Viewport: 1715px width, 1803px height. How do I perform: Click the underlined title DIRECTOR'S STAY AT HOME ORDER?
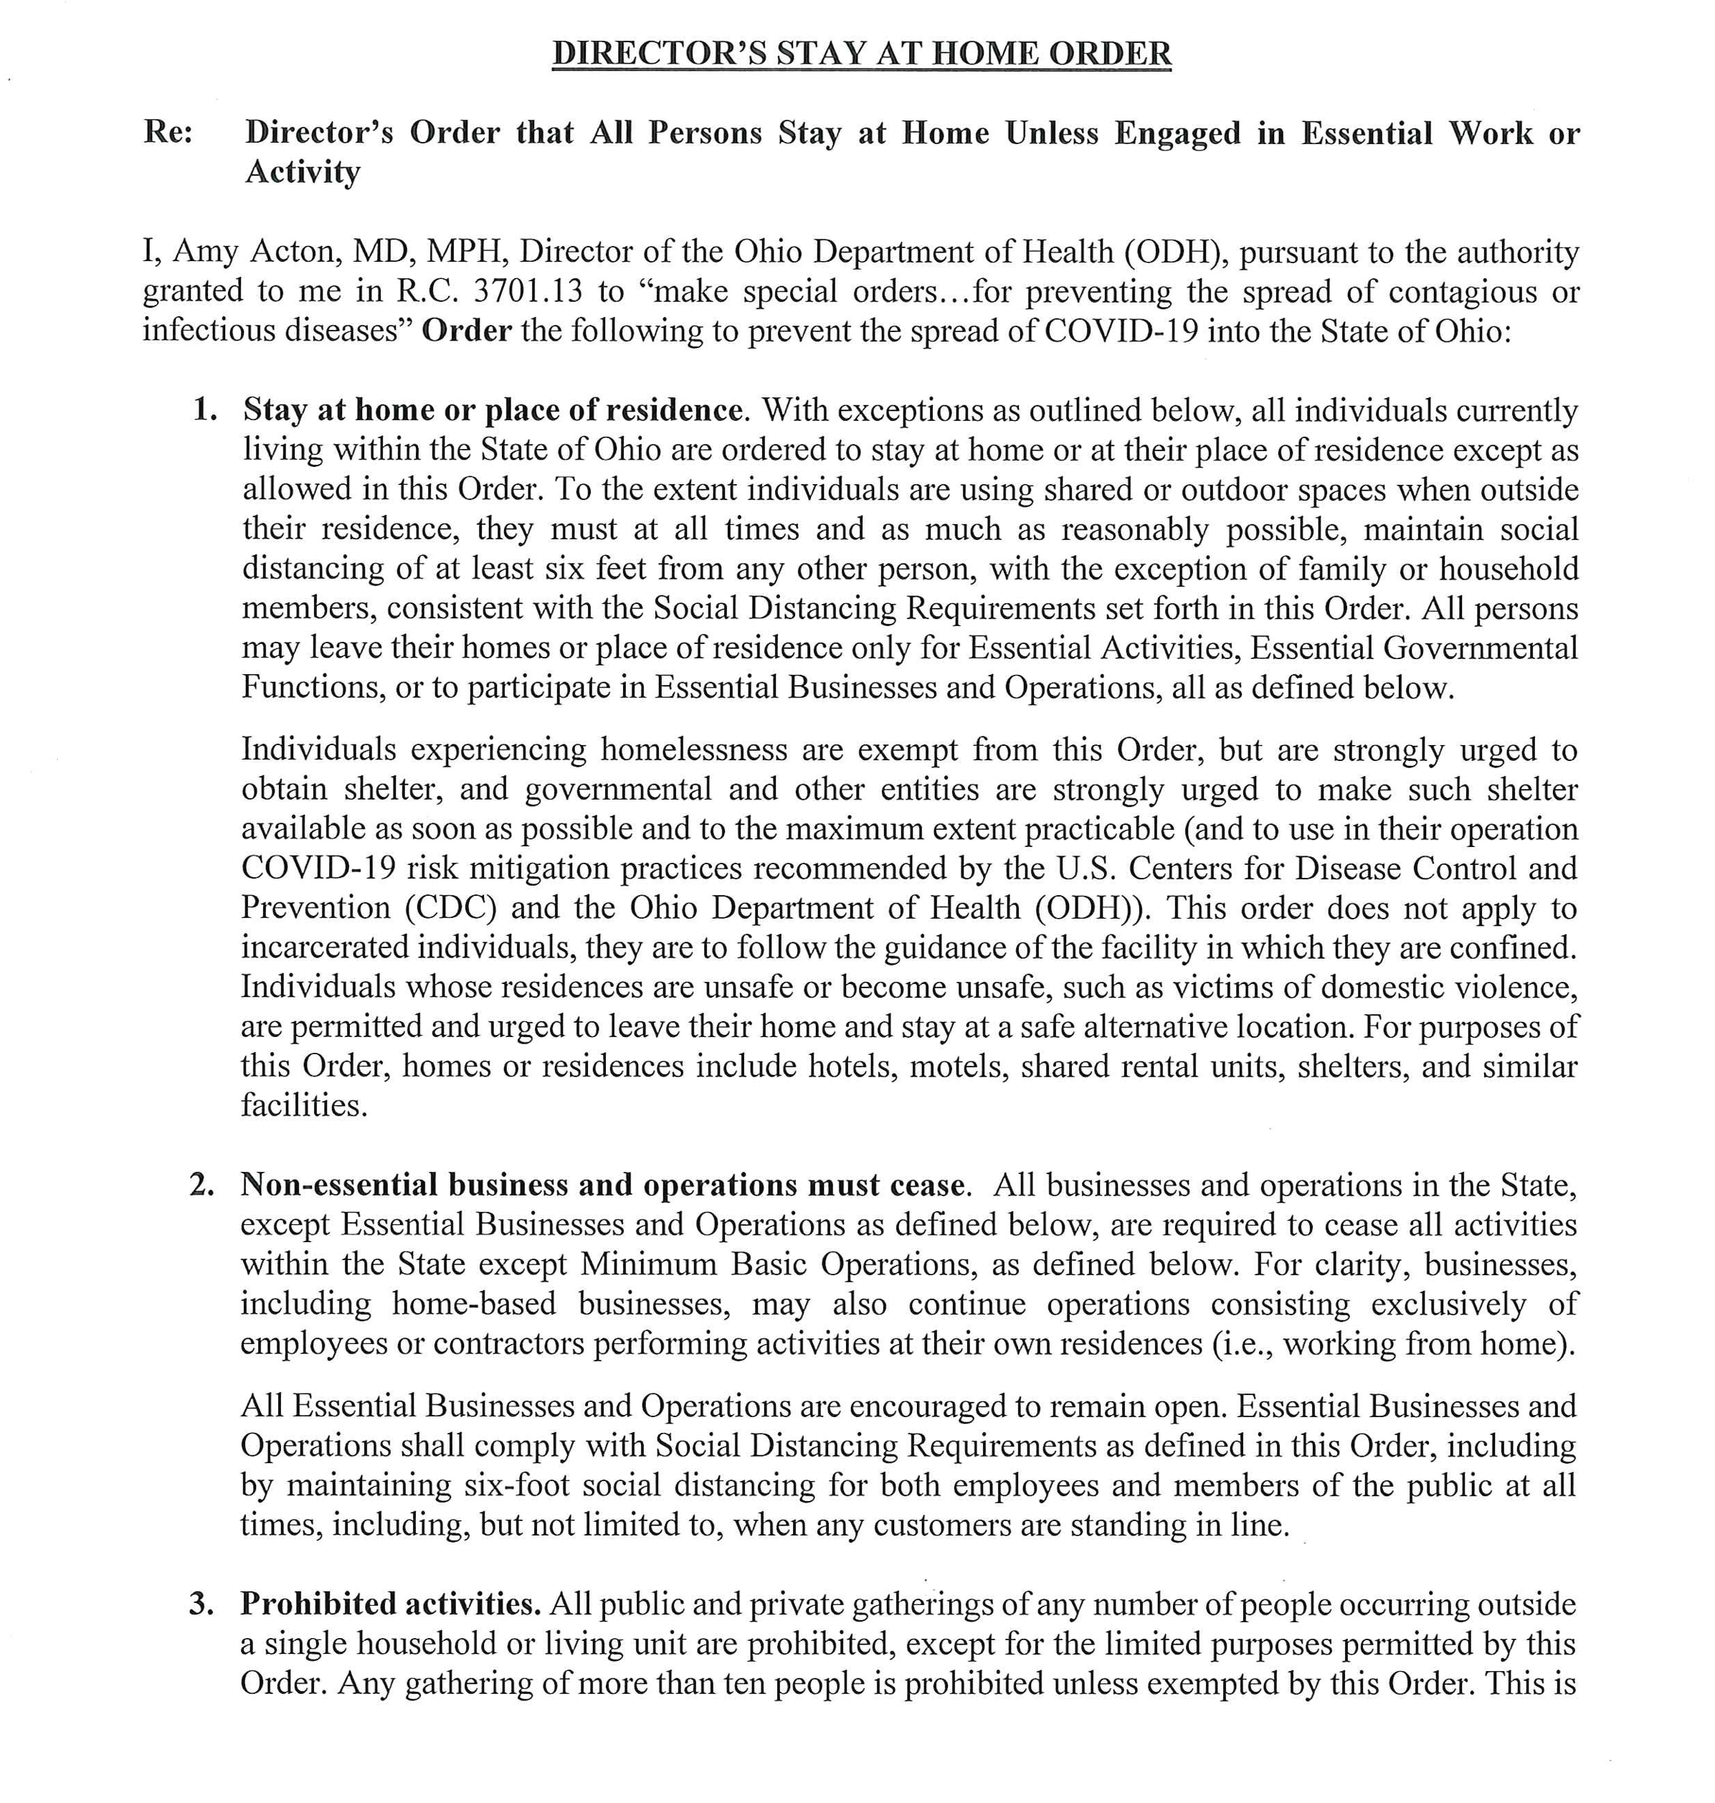tap(861, 53)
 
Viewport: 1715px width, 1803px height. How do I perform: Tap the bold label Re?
tap(168, 133)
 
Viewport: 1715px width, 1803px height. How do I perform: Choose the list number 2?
tap(203, 1184)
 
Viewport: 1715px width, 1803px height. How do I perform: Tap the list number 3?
tap(203, 1604)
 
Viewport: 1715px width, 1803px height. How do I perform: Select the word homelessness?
tap(693, 749)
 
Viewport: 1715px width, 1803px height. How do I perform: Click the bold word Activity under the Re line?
tap(303, 172)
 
